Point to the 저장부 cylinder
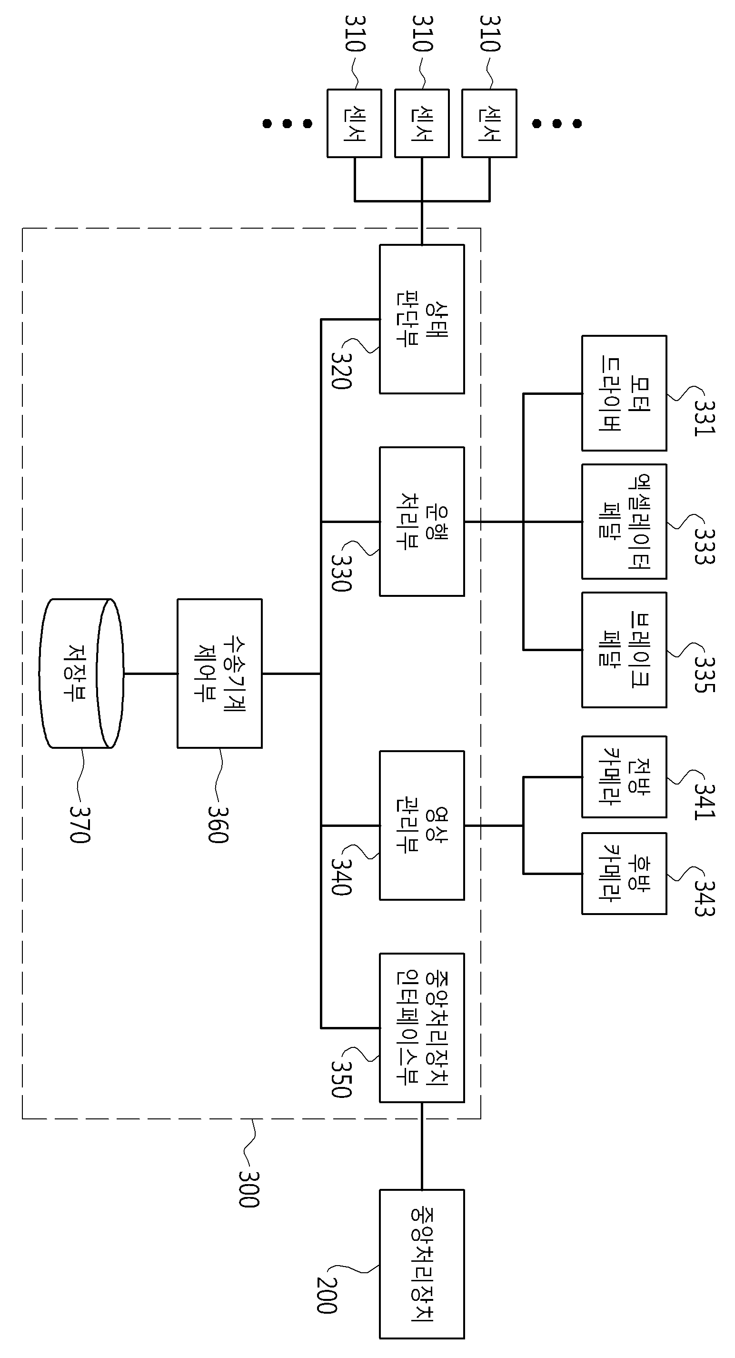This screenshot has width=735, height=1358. tap(81, 673)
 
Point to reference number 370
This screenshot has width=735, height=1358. tap(80, 825)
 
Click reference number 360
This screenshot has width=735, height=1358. tap(218, 825)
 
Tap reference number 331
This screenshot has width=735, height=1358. tap(704, 419)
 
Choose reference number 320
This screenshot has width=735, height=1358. tap(341, 370)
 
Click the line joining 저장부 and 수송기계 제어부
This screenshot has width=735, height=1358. tap(150, 673)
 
